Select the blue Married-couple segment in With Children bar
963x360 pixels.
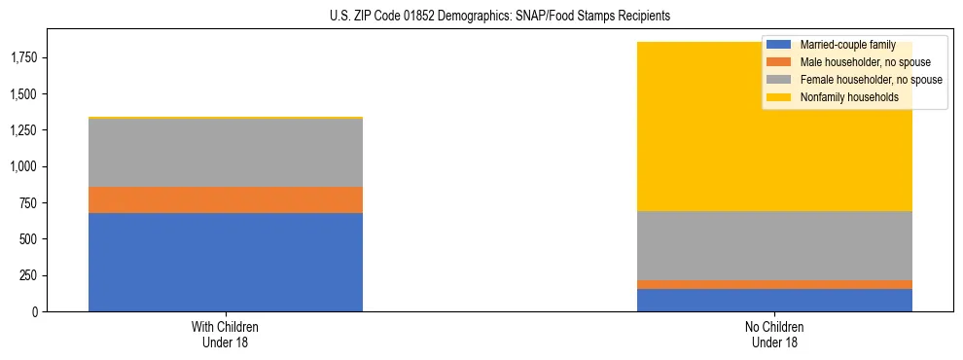click(x=226, y=262)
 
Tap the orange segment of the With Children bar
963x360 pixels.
click(x=226, y=199)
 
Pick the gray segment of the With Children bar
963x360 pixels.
click(x=226, y=152)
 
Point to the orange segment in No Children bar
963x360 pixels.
click(x=774, y=284)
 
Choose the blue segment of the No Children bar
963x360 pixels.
click(x=774, y=300)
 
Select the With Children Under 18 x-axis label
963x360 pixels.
click(x=226, y=334)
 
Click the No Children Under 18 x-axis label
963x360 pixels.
click(x=774, y=334)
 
